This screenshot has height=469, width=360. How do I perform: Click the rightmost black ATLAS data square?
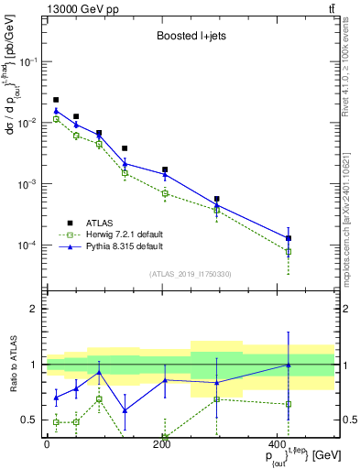click(x=289, y=238)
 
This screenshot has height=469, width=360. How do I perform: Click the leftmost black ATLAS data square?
click(x=56, y=100)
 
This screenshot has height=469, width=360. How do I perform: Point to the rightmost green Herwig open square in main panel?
click(x=289, y=251)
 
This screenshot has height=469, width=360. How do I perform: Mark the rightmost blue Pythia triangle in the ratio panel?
click(x=289, y=365)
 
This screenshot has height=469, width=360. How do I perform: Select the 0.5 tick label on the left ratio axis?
click(x=29, y=420)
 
